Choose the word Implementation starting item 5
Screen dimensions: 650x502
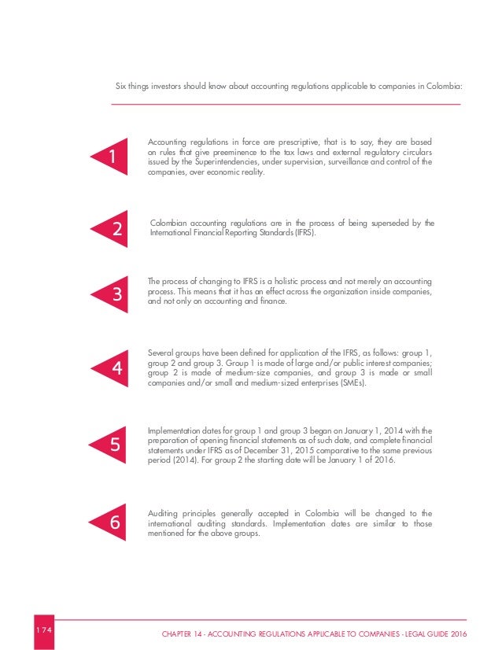pos(172,431)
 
